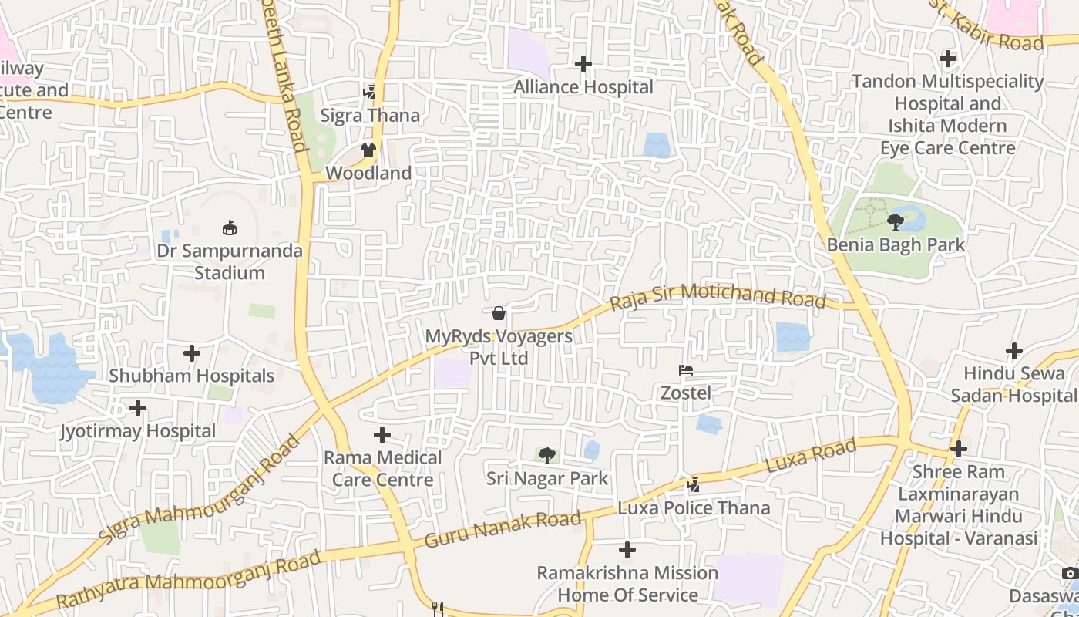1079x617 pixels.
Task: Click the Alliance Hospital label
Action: coord(583,87)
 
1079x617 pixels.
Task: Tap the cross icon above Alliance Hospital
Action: coord(583,63)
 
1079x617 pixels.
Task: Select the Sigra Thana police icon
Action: coord(370,93)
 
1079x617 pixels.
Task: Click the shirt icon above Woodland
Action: coord(368,150)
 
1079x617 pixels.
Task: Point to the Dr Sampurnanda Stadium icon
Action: coord(229,228)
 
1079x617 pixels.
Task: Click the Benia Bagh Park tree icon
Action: coord(895,222)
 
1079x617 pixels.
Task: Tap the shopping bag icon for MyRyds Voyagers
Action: coord(499,313)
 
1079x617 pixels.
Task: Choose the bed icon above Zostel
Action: coord(685,370)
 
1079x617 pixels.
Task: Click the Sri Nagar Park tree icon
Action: coord(546,456)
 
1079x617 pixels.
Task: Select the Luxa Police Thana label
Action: coord(694,507)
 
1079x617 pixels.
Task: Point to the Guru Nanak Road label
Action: coord(503,528)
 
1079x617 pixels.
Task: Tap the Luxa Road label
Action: coord(811,456)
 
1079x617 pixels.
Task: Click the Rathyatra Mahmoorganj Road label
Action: coord(188,580)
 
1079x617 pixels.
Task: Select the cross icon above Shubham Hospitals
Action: coord(191,353)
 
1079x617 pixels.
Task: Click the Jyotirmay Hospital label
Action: coord(138,431)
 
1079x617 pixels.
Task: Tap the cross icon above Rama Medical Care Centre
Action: coord(382,435)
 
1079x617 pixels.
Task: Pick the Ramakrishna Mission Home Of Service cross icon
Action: coord(627,550)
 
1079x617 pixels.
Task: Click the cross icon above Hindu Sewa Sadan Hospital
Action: coord(1014,351)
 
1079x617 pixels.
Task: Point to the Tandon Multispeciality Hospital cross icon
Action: coord(947,58)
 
